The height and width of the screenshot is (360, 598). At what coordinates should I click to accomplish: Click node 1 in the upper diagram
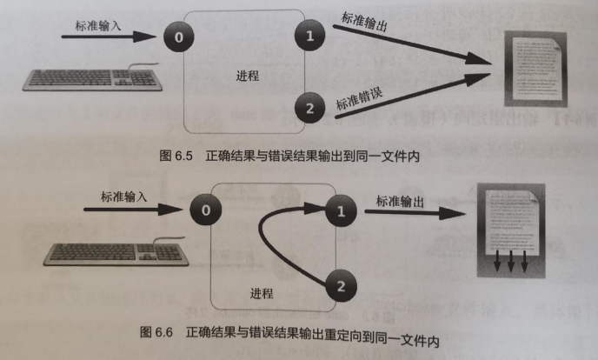point(307,37)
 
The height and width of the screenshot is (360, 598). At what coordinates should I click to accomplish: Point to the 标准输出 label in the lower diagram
point(400,202)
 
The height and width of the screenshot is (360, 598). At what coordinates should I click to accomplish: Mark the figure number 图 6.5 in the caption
point(179,157)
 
